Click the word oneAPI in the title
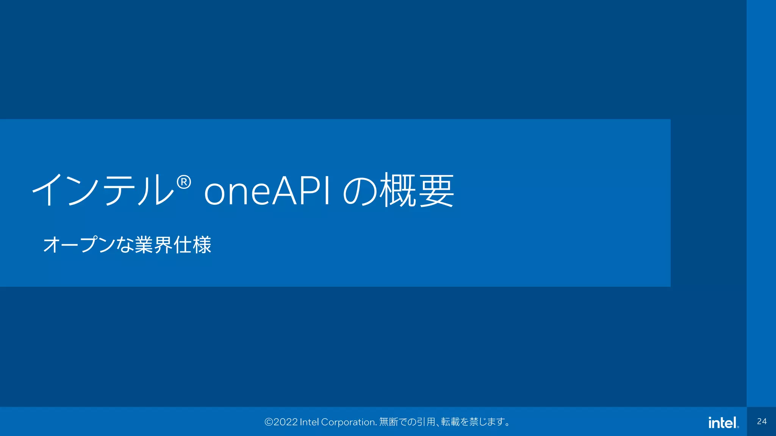click(x=267, y=191)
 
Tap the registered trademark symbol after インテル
click(x=184, y=183)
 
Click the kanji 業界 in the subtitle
click(x=153, y=244)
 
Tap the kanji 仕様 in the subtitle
click(x=192, y=244)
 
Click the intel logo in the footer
click(x=723, y=422)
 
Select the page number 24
click(x=762, y=422)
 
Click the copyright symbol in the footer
click(x=269, y=422)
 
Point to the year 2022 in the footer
click(x=285, y=422)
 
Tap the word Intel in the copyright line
click(x=309, y=422)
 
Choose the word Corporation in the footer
click(x=349, y=422)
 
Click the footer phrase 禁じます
click(x=487, y=422)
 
